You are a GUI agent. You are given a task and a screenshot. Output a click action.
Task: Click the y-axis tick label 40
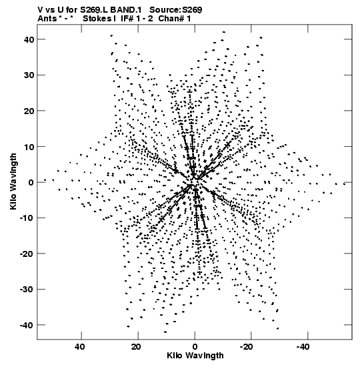pyautogui.click(x=29, y=39)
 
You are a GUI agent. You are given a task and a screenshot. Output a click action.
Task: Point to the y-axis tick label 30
pyautogui.click(x=29, y=75)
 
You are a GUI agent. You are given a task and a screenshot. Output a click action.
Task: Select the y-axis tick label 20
pyautogui.click(x=29, y=111)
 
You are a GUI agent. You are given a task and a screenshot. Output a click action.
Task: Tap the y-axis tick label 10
pyautogui.click(x=29, y=147)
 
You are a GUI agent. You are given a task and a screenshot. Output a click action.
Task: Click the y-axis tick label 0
pyautogui.click(x=31, y=182)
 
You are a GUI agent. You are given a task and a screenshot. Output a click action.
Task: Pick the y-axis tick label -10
pyautogui.click(x=27, y=218)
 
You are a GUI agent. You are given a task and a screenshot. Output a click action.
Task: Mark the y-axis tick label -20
pyautogui.click(x=27, y=254)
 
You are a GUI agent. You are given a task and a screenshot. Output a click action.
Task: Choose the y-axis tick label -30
pyautogui.click(x=27, y=290)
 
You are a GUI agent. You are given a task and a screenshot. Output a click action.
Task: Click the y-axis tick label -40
pyautogui.click(x=27, y=325)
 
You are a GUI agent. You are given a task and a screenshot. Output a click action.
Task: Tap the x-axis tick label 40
pyautogui.click(x=79, y=347)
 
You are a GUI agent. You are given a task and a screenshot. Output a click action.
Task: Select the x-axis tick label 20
pyautogui.click(x=136, y=347)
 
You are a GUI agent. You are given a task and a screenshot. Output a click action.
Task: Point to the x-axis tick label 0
pyautogui.click(x=195, y=347)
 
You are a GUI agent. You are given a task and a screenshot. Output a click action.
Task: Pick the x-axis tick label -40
pyautogui.click(x=303, y=347)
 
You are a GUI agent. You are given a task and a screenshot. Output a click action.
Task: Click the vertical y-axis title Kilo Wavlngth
pyautogui.click(x=13, y=181)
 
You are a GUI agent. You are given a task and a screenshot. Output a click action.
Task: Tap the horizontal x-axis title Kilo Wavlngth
pyautogui.click(x=195, y=356)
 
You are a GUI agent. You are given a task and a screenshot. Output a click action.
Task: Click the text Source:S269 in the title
pyautogui.click(x=175, y=10)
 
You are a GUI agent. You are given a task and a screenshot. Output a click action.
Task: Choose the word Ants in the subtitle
pyautogui.click(x=47, y=19)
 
